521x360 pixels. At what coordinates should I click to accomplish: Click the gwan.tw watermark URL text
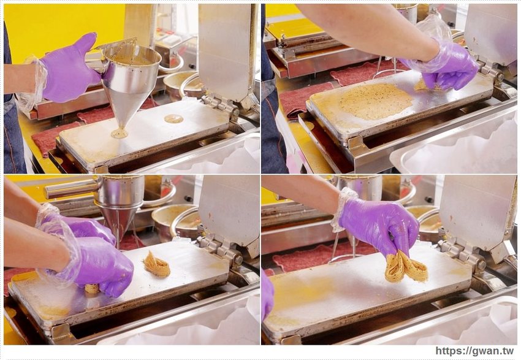474,351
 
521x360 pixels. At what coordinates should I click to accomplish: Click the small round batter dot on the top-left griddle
173,118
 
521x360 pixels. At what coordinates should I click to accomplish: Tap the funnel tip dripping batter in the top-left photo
120,132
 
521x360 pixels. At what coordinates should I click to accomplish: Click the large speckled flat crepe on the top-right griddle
376,101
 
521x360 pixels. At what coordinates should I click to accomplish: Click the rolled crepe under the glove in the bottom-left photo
92,288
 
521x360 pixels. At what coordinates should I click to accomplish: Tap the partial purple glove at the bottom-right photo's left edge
267,296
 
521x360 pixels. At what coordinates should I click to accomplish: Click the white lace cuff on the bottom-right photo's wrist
341,209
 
